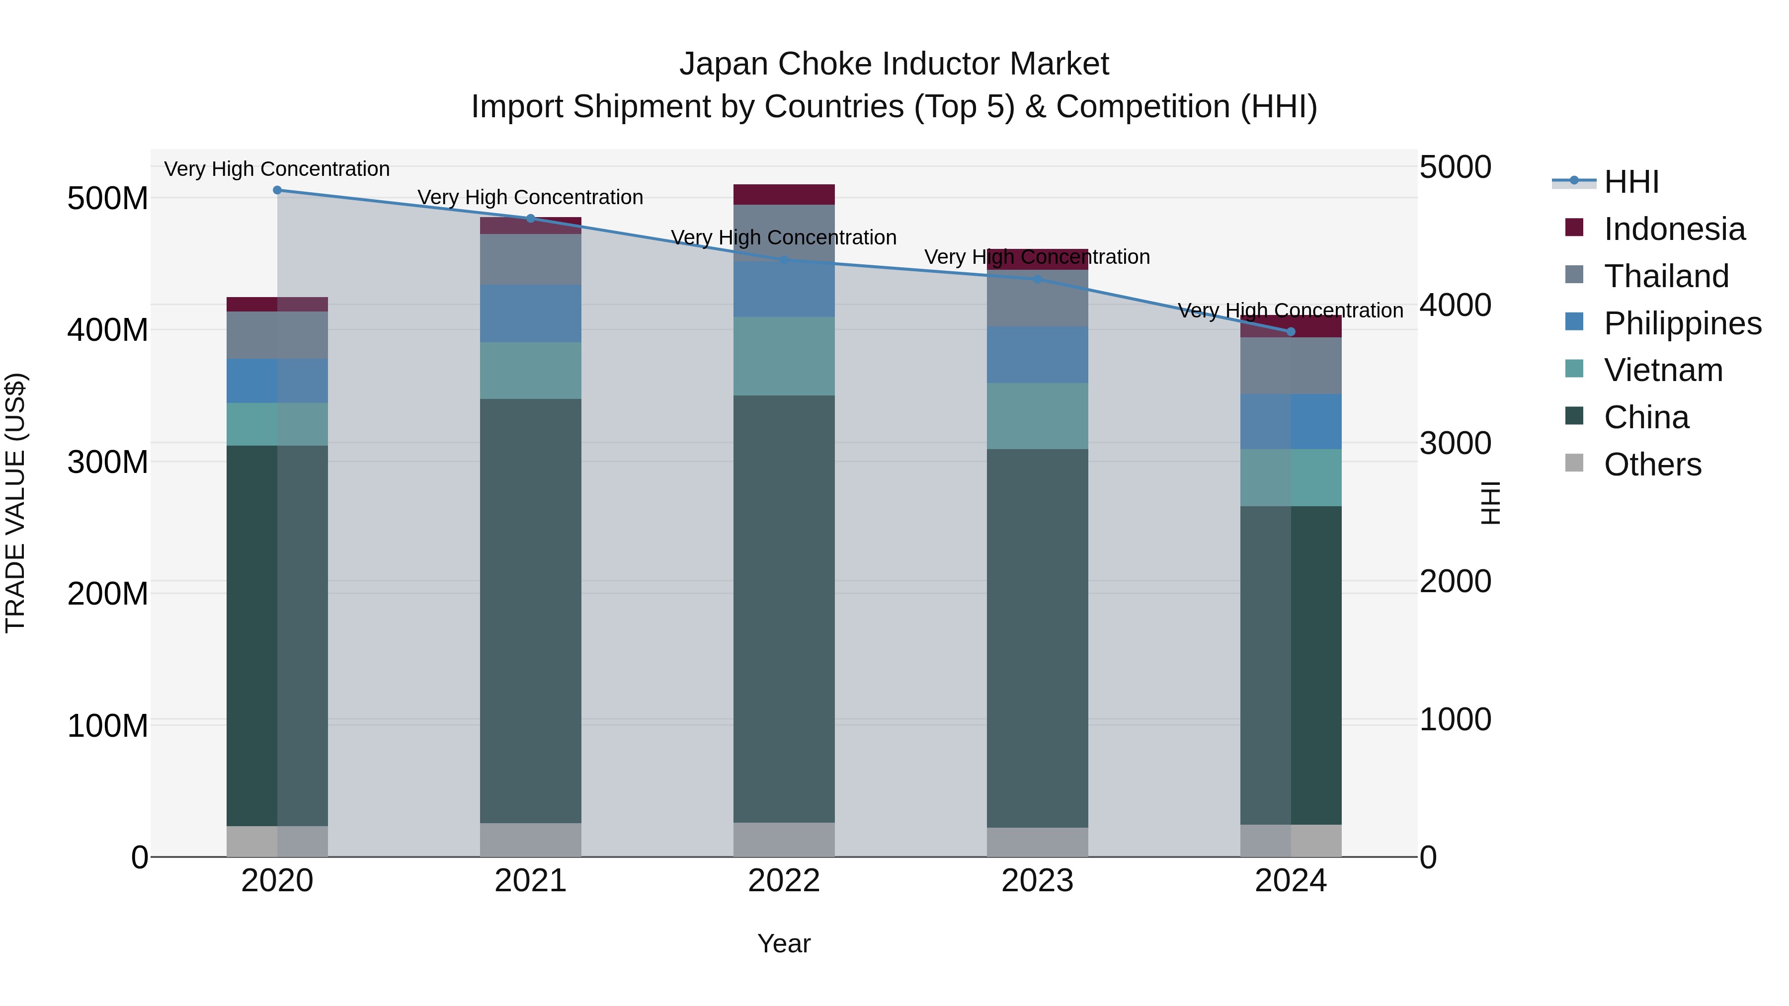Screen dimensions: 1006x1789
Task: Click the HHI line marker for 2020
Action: pyautogui.click(x=277, y=190)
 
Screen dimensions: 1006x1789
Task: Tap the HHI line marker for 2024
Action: pyautogui.click(x=1291, y=331)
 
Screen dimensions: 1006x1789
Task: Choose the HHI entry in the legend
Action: pyautogui.click(x=1630, y=182)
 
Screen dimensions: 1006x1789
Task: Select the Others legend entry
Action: pyautogui.click(x=1651, y=464)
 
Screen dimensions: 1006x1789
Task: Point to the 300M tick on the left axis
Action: pyautogui.click(x=108, y=462)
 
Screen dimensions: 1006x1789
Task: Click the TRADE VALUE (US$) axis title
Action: pyautogui.click(x=15, y=503)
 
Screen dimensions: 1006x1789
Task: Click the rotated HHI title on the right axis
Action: pyautogui.click(x=1490, y=503)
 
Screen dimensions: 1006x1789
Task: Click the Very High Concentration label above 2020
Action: pyautogui.click(x=277, y=169)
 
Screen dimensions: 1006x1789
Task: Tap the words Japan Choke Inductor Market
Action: pyautogui.click(x=894, y=64)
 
